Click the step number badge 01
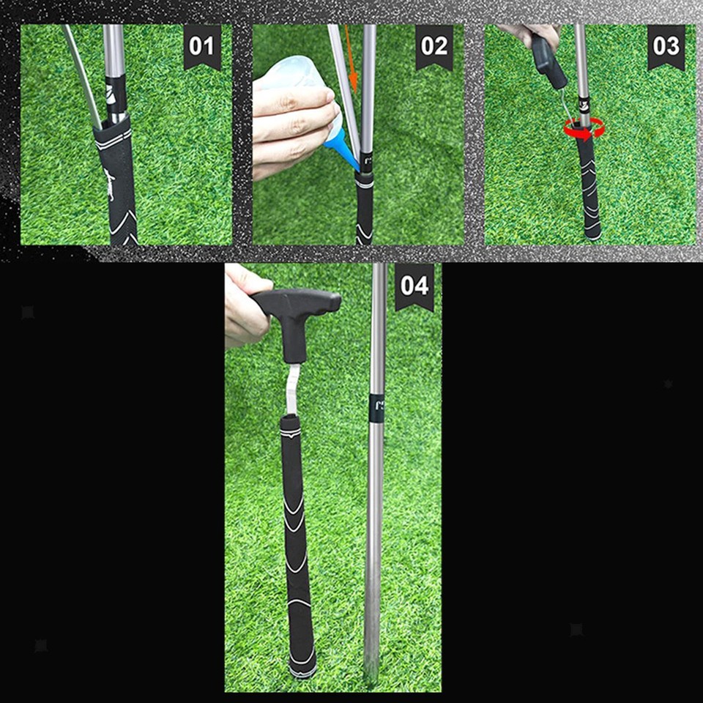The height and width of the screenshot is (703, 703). click(201, 45)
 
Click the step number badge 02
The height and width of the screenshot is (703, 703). click(434, 45)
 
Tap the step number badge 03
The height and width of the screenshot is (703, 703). click(666, 45)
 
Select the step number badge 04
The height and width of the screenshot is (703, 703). click(414, 286)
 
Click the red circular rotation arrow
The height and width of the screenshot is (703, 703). click(584, 129)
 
